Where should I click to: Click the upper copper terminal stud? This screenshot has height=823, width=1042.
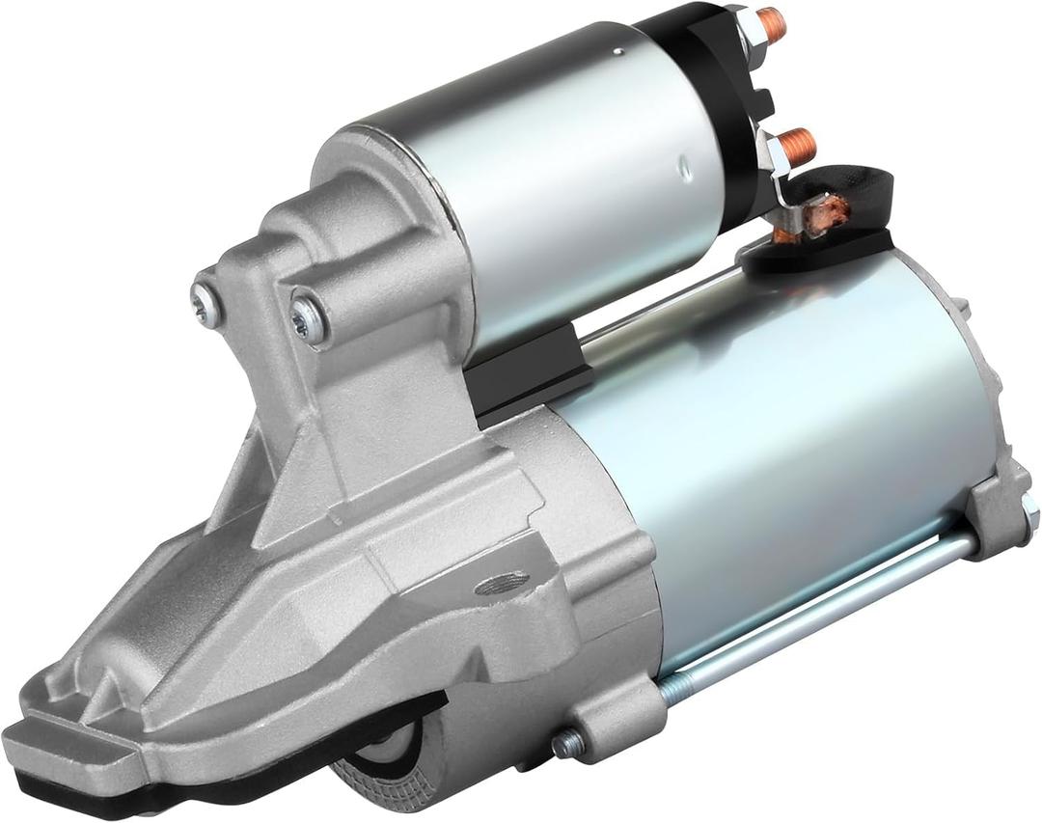click(771, 22)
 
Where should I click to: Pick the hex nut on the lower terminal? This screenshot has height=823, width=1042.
click(775, 154)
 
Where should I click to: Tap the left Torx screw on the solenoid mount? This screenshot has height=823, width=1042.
click(206, 292)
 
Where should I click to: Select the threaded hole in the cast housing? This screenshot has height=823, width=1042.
click(503, 583)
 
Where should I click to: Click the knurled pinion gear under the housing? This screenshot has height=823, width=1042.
click(386, 762)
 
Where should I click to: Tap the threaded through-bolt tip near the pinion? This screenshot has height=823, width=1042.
click(567, 742)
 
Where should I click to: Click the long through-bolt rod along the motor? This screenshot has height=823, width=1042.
click(820, 617)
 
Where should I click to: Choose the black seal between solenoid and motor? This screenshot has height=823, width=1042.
click(526, 371)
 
